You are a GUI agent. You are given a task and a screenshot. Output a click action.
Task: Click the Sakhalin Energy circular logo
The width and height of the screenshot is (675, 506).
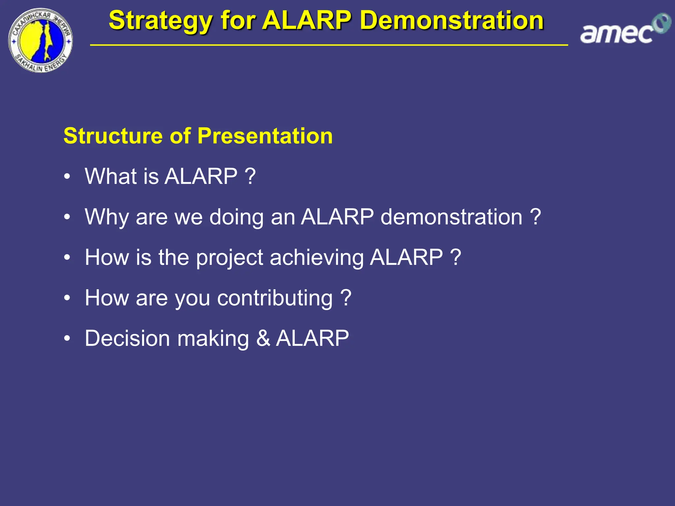40,41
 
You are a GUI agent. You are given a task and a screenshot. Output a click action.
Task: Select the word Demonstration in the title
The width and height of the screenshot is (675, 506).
452,20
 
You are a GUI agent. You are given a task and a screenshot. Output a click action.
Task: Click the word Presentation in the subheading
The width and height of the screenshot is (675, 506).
265,136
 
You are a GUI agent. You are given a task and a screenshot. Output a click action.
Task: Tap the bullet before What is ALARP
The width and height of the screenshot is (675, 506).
67,177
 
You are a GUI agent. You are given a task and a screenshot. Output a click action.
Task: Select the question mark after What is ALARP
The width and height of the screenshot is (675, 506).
250,176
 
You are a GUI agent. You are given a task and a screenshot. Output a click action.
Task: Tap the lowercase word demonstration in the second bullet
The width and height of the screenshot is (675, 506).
451,217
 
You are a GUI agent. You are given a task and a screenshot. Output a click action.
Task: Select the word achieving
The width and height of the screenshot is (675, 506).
317,258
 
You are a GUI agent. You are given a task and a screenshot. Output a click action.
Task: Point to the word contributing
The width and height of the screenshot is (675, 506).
275,298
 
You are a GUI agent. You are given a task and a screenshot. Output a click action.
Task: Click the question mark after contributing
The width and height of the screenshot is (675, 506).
346,298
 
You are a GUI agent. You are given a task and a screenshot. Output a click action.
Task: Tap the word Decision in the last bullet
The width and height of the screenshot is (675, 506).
127,338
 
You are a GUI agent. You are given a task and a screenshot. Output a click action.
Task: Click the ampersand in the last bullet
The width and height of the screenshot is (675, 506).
263,338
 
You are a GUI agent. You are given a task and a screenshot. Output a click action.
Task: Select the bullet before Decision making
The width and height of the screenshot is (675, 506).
67,339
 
